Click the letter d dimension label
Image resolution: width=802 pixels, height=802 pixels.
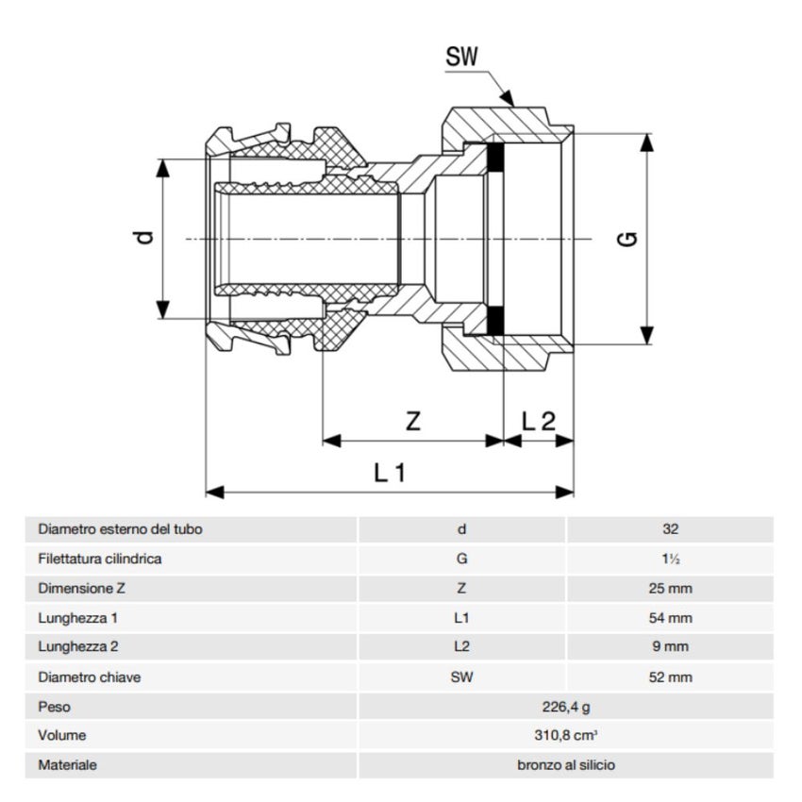pyautogui.click(x=142, y=238)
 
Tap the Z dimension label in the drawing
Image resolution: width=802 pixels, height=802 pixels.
pyautogui.click(x=412, y=422)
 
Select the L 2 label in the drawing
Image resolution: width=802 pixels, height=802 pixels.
pyautogui.click(x=539, y=422)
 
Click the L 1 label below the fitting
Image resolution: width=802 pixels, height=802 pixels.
pyautogui.click(x=389, y=473)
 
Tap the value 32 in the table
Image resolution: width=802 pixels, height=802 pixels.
pyautogui.click(x=670, y=529)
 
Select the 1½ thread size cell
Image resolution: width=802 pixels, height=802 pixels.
pyautogui.click(x=670, y=559)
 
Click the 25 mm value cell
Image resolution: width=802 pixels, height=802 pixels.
pyautogui.click(x=670, y=589)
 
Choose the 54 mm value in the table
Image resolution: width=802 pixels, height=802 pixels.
pyautogui.click(x=670, y=618)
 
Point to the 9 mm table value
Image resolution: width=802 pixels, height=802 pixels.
pyautogui.click(x=670, y=647)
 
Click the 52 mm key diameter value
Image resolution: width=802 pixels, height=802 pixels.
pyautogui.click(x=670, y=677)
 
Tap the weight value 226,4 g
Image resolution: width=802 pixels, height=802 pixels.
pyautogui.click(x=566, y=707)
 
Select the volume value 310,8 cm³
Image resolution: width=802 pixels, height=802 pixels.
pyautogui.click(x=566, y=736)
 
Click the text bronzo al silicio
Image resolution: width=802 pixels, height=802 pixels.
pyautogui.click(x=566, y=765)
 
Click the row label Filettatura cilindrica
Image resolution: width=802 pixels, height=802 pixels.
pyautogui.click(x=99, y=559)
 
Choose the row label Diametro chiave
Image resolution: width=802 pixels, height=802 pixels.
pyautogui.click(x=86, y=677)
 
